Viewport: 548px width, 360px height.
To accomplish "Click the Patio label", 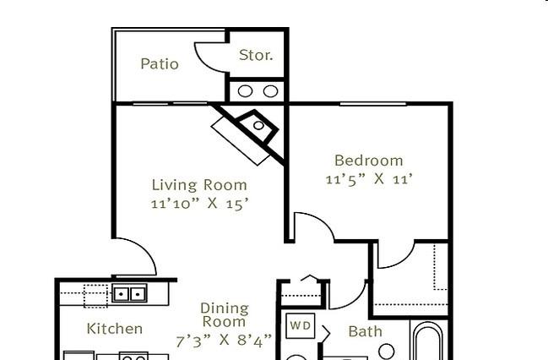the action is (160, 63).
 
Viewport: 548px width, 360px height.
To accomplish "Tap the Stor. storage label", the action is (256, 55).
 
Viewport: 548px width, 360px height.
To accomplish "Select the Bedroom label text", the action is (369, 161).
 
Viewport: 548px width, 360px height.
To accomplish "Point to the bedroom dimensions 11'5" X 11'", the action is (369, 179).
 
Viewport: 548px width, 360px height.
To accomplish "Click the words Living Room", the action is (199, 185).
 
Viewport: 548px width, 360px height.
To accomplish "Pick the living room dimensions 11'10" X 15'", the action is (199, 204).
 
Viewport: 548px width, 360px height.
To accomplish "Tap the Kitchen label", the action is (115, 329).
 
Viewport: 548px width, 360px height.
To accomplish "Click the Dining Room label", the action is (225, 315).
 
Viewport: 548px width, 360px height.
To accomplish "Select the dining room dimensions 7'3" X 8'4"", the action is (224, 341).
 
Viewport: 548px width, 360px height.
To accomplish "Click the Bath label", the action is (366, 331).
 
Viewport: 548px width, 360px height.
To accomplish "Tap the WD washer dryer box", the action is (301, 325).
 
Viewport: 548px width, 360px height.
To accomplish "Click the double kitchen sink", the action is (129, 293).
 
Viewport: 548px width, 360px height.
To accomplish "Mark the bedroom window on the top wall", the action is (373, 104).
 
